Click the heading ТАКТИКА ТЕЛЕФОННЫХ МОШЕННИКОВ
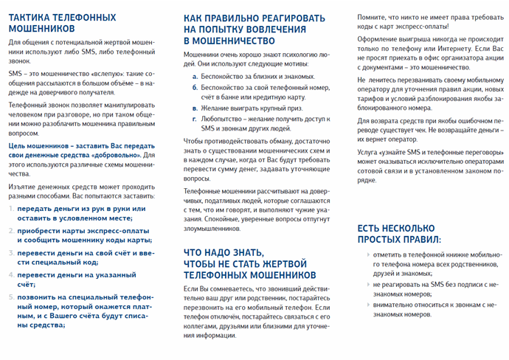(x=62, y=22)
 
